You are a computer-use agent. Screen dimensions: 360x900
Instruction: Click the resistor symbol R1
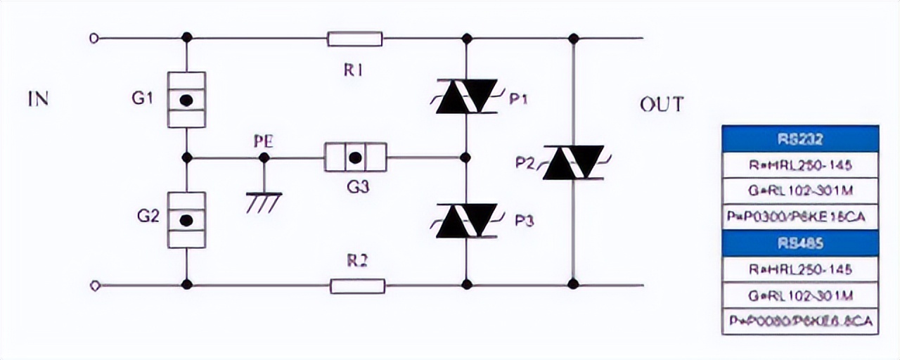tap(354, 39)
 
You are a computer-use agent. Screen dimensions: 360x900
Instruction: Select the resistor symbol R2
tap(357, 285)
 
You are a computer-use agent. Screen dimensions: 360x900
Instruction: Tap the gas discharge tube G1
tap(186, 100)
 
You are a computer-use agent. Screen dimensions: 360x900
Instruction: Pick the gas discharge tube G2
tap(186, 220)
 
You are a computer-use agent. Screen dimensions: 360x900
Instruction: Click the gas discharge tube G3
tap(355, 157)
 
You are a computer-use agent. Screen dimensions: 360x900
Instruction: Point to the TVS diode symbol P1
tap(467, 98)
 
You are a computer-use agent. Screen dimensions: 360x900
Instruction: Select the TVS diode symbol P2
tap(573, 162)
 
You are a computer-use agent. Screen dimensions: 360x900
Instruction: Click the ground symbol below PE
tap(264, 200)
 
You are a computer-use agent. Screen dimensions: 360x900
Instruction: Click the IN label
tap(38, 98)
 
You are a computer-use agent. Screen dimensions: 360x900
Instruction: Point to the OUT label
tap(661, 105)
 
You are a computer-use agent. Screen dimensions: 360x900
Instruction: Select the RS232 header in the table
tap(800, 139)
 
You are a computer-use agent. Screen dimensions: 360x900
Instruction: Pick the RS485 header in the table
tap(800, 243)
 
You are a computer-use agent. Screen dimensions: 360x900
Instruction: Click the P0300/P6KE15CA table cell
tap(800, 217)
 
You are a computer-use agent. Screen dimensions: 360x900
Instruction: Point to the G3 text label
tap(356, 188)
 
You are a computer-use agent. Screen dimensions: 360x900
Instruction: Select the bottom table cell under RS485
tap(800, 321)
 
